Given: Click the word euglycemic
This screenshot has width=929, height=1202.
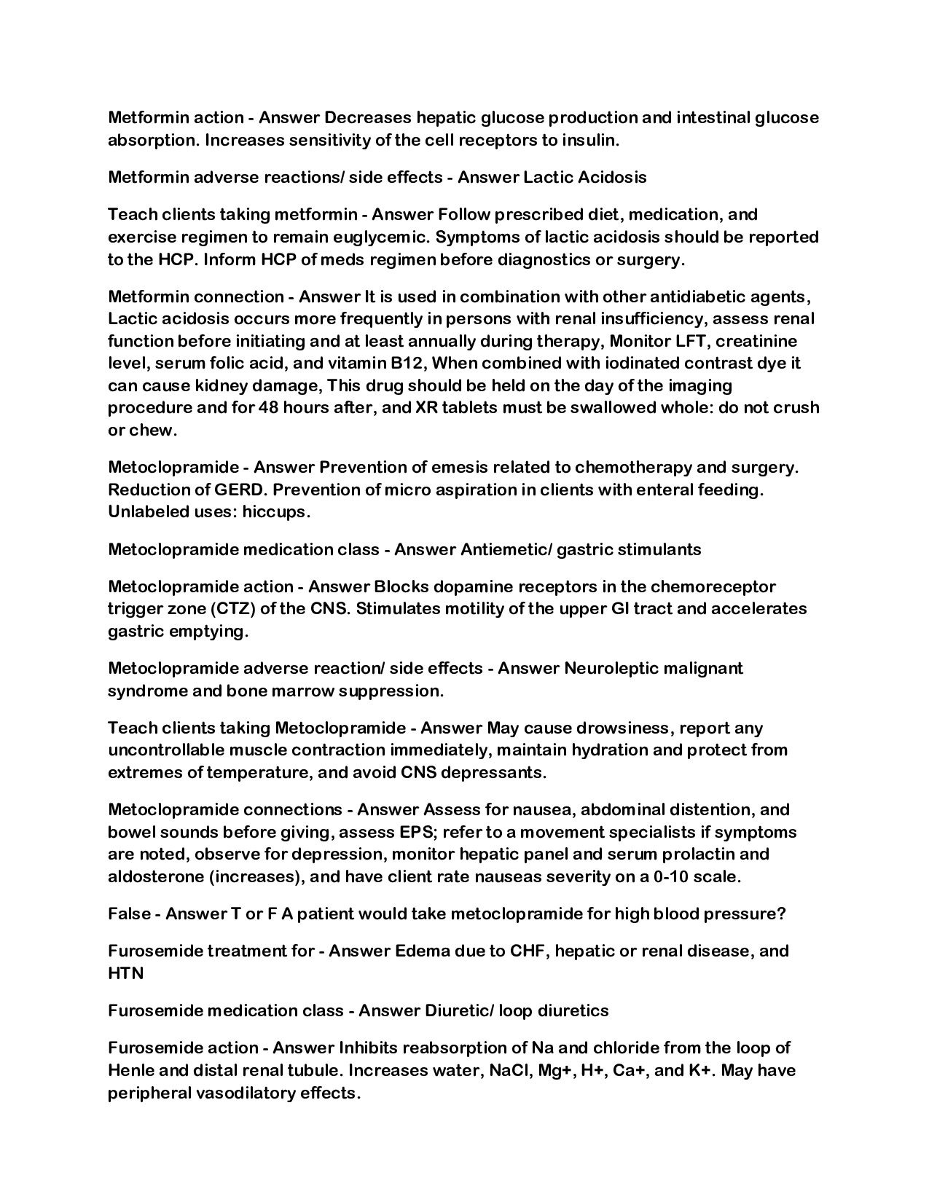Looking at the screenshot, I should click(379, 237).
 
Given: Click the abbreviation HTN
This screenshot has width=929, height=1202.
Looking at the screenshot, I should click(125, 973).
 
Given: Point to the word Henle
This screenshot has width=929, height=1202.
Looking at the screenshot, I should click(132, 1070).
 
